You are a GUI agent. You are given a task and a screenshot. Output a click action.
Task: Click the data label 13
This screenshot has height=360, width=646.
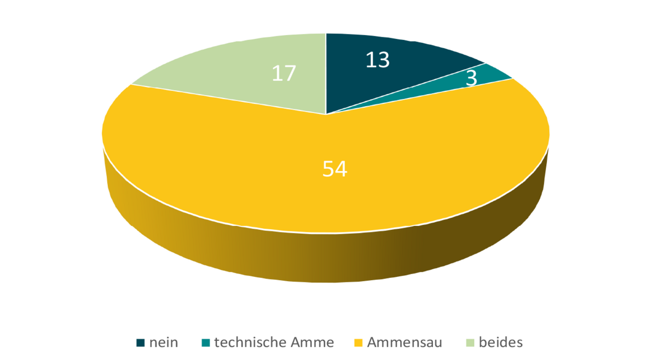377,60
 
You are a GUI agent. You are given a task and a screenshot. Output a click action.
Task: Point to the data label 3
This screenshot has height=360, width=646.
471,78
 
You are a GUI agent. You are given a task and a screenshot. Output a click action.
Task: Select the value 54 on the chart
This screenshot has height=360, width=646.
334,169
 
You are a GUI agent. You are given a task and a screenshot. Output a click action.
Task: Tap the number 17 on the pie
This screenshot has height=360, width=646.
284,73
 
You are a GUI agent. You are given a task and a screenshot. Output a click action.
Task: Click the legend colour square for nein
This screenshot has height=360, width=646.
141,343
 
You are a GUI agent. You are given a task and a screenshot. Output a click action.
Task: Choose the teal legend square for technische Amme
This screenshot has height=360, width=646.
205,343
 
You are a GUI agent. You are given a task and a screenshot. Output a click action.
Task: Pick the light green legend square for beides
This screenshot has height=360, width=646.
470,343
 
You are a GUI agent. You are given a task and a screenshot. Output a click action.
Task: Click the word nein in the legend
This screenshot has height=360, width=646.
164,343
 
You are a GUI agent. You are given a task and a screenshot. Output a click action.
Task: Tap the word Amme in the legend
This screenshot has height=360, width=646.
315,343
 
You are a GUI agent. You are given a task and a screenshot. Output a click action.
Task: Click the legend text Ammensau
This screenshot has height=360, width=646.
405,343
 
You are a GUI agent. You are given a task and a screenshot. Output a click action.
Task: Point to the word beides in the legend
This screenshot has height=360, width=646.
500,343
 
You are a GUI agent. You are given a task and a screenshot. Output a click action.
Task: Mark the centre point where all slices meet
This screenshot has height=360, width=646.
326,114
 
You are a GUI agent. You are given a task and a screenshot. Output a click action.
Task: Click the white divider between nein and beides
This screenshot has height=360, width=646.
326,71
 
